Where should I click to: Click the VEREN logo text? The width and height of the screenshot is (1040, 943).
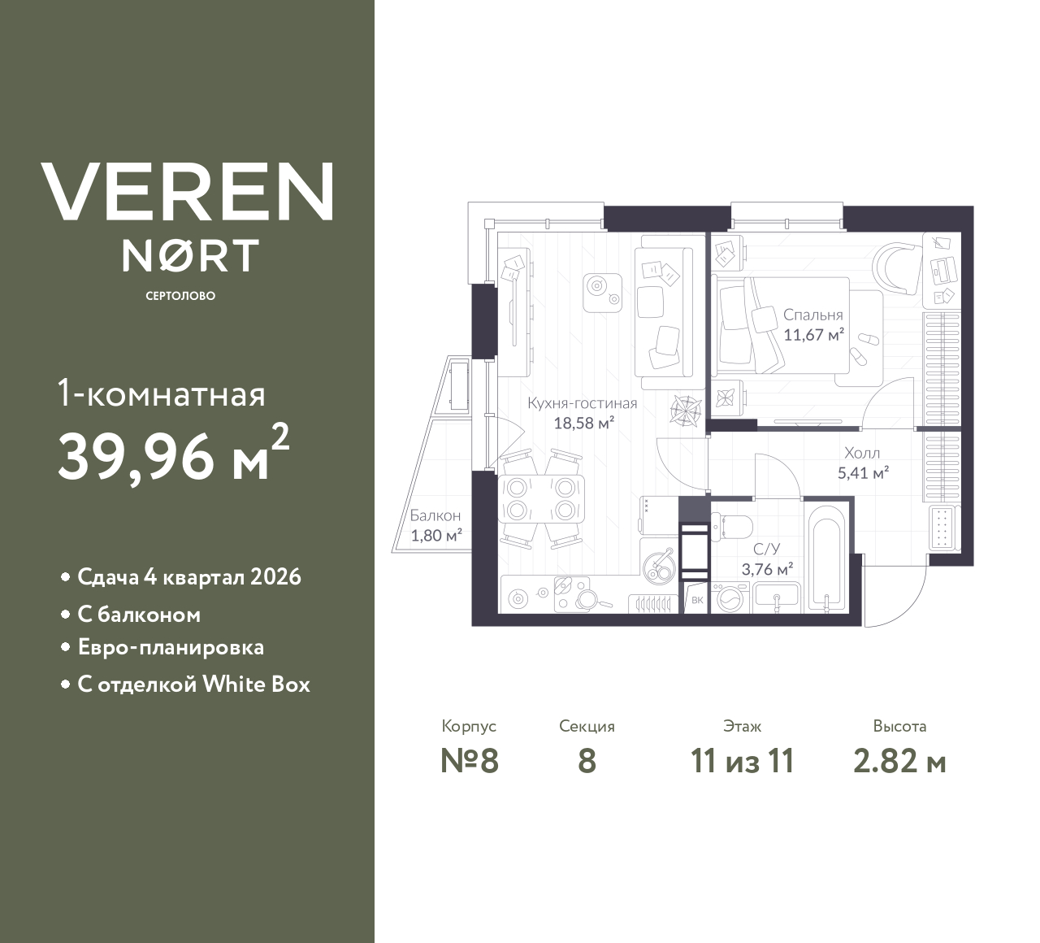187,192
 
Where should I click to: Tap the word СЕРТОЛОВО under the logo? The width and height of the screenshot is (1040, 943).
180,296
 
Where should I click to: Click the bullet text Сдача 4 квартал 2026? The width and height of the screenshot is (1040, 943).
188,577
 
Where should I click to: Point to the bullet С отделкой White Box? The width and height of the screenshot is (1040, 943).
193,684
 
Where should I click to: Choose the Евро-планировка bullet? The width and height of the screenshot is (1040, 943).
171,648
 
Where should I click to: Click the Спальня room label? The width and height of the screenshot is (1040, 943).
812,315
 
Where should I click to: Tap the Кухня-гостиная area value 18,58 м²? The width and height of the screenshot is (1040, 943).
583,423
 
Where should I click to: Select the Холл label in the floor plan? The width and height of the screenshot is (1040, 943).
861,453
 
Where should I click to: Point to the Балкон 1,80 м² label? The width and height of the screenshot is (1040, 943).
435,525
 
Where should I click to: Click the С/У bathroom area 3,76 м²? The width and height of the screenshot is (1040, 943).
767,569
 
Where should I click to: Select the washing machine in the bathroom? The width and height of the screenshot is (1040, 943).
728,599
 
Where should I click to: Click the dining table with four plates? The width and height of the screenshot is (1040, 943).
540,498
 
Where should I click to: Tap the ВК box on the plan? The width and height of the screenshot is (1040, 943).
696,601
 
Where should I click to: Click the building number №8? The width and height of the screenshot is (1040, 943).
469,761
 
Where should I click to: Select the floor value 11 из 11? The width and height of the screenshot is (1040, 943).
741,761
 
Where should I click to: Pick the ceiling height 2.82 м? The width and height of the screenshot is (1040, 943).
899,761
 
